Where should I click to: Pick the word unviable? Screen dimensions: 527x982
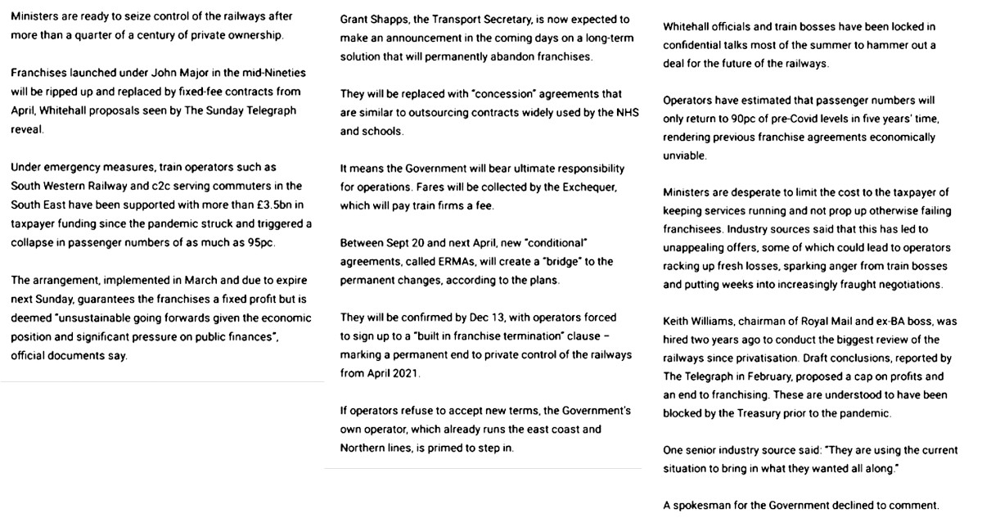685,155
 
